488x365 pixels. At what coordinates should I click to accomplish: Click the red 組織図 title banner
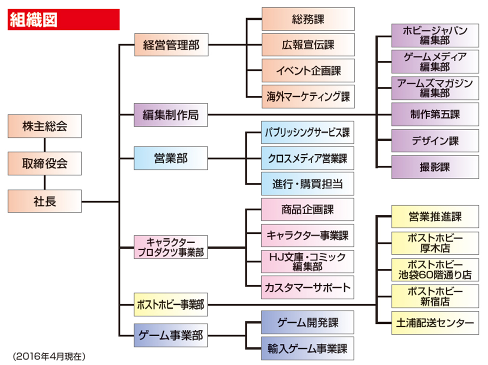[63, 20]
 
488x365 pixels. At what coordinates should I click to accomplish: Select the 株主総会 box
[44, 126]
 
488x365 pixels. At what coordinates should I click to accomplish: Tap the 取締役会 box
[44, 163]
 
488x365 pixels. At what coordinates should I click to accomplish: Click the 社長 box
[44, 201]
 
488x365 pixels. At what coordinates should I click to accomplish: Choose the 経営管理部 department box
[171, 45]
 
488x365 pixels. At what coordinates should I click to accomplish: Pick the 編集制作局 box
[171, 115]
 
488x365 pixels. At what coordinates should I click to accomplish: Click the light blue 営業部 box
[171, 158]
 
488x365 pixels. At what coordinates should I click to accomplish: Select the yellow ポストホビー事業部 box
[171, 305]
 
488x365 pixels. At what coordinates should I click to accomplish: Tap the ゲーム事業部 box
[171, 335]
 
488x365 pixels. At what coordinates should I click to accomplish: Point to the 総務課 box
[307, 19]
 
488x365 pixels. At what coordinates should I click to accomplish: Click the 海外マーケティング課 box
[307, 97]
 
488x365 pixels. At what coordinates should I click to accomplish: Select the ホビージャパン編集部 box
[435, 35]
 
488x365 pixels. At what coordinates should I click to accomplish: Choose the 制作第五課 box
[435, 115]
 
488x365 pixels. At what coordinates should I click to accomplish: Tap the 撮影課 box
[435, 167]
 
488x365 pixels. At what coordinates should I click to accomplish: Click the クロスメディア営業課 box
[307, 158]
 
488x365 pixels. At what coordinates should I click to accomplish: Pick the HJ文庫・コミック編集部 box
[307, 261]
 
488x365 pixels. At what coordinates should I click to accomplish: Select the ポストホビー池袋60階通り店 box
[435, 270]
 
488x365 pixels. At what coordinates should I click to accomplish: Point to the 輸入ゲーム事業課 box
[307, 348]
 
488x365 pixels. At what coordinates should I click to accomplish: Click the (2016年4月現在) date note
[49, 356]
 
